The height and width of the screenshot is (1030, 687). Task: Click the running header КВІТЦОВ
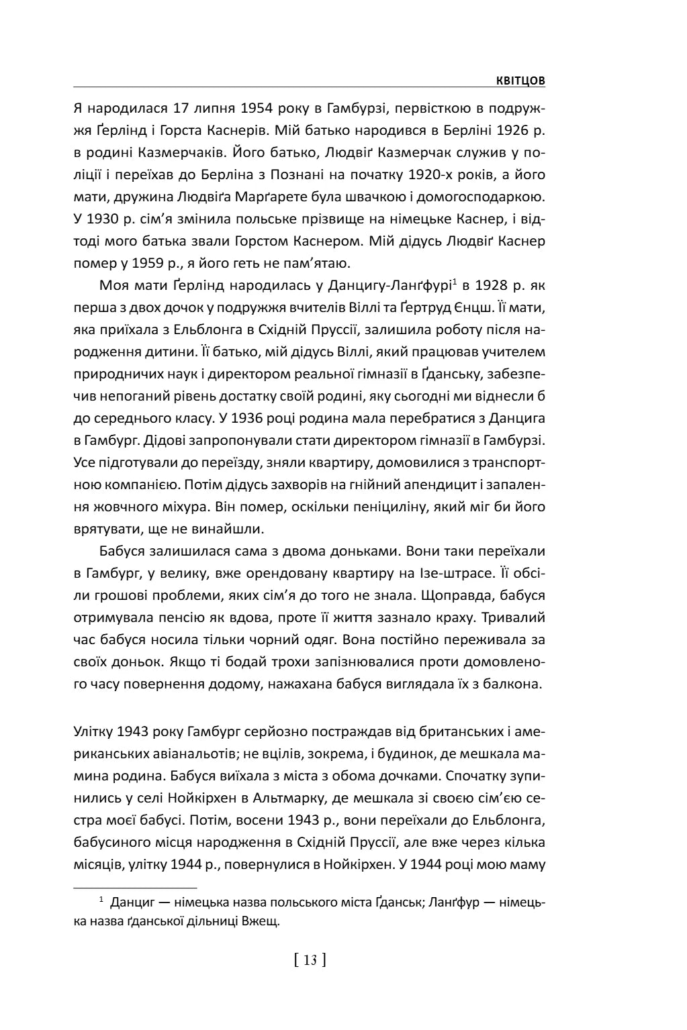click(520, 81)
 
